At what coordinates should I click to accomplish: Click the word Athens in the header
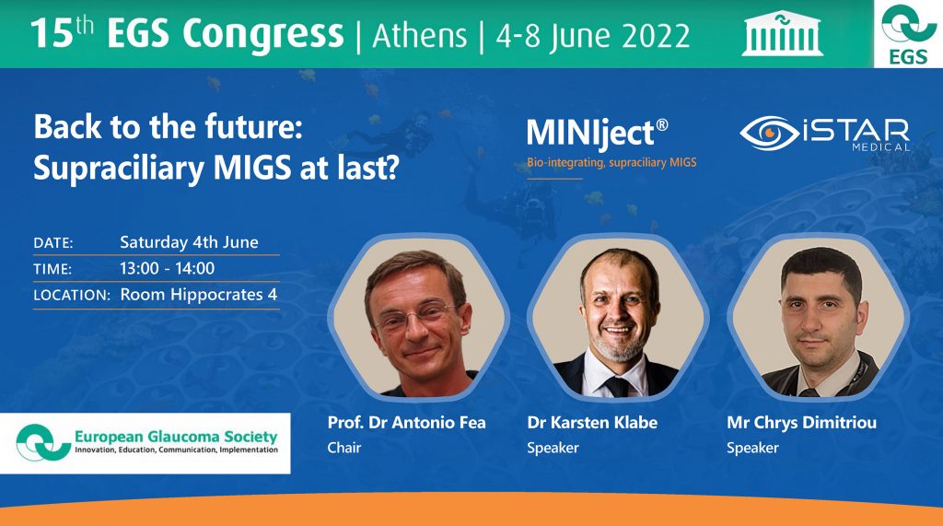coord(419,35)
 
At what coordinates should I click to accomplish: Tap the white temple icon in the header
coord(783,33)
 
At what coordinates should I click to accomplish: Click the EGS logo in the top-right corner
coord(908,34)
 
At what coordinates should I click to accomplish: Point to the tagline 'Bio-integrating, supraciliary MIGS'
coord(611,163)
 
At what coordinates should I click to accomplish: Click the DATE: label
coord(52,243)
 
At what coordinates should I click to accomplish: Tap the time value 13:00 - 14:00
coord(167,269)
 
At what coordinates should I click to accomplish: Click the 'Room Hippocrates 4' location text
coord(198,296)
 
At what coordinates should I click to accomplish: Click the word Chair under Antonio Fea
coord(344,448)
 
